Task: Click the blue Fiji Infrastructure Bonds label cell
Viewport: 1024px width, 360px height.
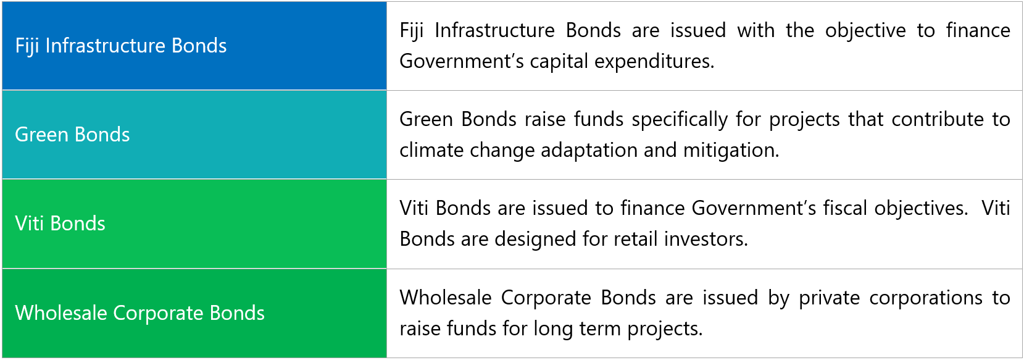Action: (194, 46)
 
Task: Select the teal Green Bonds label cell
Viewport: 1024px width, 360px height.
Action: (194, 135)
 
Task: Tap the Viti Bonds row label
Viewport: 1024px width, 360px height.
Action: (60, 224)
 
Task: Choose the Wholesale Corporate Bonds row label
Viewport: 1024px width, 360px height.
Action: (139, 313)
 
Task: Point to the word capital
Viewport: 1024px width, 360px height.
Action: (559, 61)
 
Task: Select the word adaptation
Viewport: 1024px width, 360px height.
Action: (589, 150)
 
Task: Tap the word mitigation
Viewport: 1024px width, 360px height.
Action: (731, 150)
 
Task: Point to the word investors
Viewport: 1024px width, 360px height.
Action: (706, 239)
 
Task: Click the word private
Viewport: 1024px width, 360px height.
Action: (830, 298)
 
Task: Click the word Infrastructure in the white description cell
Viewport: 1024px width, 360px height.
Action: (494, 31)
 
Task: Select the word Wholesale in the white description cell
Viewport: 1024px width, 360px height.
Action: (446, 298)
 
